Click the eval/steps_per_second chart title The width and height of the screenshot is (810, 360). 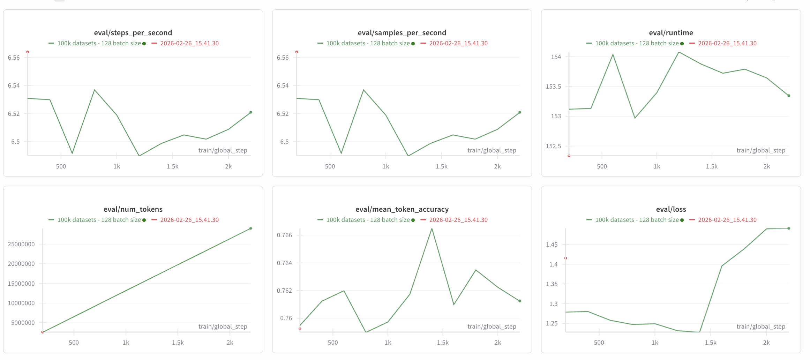coord(133,33)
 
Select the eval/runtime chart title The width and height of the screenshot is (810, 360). coord(671,33)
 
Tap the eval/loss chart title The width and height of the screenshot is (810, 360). coord(671,209)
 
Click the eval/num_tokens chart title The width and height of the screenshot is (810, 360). coord(133,209)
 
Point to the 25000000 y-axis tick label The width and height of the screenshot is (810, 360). coord(21,244)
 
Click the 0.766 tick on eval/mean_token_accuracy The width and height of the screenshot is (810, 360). coord(284,235)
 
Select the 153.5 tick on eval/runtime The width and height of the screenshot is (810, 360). coord(553,87)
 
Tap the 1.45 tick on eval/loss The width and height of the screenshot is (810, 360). coord(552,245)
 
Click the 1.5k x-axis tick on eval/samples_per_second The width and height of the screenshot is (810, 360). coord(441,166)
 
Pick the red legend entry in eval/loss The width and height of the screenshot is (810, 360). coord(727,220)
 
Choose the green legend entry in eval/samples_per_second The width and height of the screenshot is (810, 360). coord(368,43)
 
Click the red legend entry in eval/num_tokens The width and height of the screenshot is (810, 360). coord(189,220)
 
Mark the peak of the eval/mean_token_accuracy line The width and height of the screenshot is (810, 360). coord(432,229)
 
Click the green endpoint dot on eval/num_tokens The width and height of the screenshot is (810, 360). coord(251,228)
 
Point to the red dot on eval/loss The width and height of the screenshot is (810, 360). coord(565,258)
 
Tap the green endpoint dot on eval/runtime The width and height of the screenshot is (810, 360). coord(789,96)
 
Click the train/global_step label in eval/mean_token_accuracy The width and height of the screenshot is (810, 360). coord(492,327)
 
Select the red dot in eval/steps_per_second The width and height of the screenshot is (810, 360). coord(28,52)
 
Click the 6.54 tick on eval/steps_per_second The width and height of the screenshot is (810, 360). coord(14,85)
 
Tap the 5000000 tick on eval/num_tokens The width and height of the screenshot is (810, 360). coord(23,323)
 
